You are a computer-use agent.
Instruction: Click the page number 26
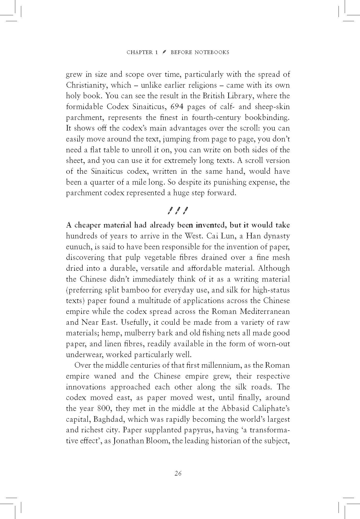point(178,473)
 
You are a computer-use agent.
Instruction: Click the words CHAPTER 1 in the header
point(142,52)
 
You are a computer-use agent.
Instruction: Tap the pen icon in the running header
point(164,52)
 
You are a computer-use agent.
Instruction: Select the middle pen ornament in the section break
point(178,211)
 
